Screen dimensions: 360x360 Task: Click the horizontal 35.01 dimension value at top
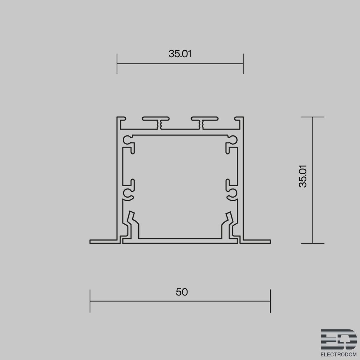[180, 54]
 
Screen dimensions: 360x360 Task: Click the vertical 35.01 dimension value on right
[303, 176]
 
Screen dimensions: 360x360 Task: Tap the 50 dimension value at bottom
[182, 292]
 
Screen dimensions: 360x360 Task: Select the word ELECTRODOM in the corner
[338, 354]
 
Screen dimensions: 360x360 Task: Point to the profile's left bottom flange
[105, 241]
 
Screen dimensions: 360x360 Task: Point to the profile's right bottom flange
[255, 241]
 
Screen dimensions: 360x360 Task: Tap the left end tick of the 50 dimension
[90, 301]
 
